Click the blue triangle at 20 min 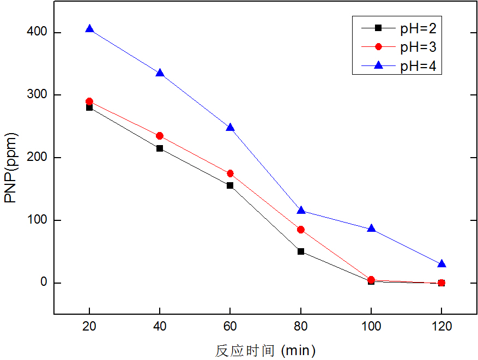pyautogui.click(x=89, y=29)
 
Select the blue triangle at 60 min pyautogui.click(x=230, y=127)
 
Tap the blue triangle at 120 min pyautogui.click(x=441, y=264)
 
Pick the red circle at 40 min pyautogui.click(x=160, y=136)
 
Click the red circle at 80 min pyautogui.click(x=301, y=230)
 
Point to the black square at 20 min pyautogui.click(x=89, y=107)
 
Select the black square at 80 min pyautogui.click(x=301, y=251)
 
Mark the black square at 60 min pyautogui.click(x=230, y=185)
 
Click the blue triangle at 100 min pyautogui.click(x=371, y=229)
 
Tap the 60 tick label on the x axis pyautogui.click(x=230, y=327)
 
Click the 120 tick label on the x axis pyautogui.click(x=441, y=327)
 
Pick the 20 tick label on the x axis pyautogui.click(x=89, y=327)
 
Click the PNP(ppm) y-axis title pyautogui.click(x=11, y=167)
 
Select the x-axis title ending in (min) pyautogui.click(x=265, y=350)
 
